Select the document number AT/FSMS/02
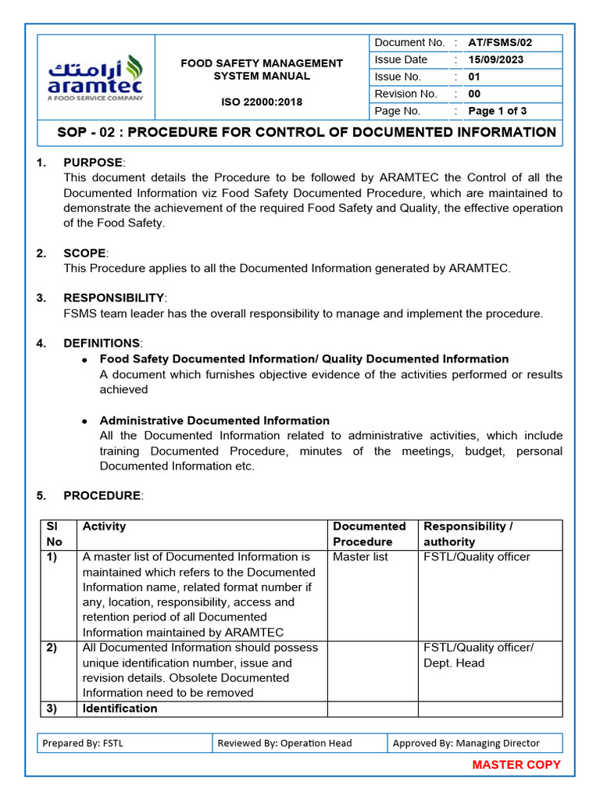point(500,43)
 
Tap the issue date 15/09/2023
point(495,60)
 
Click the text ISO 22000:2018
point(262,102)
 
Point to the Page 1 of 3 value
point(497,111)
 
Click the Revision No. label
point(405,94)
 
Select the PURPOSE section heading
point(93,162)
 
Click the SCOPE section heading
point(84,253)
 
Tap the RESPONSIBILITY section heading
point(114,298)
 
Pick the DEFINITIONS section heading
point(102,344)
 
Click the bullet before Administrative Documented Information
point(84,421)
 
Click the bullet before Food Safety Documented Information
point(84,359)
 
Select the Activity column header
point(104,527)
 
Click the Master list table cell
point(360,557)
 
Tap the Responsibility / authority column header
point(467,534)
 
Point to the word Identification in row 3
point(120,709)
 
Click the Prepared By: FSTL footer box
point(124,743)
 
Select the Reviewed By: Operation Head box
point(299,743)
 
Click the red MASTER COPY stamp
point(516,765)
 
